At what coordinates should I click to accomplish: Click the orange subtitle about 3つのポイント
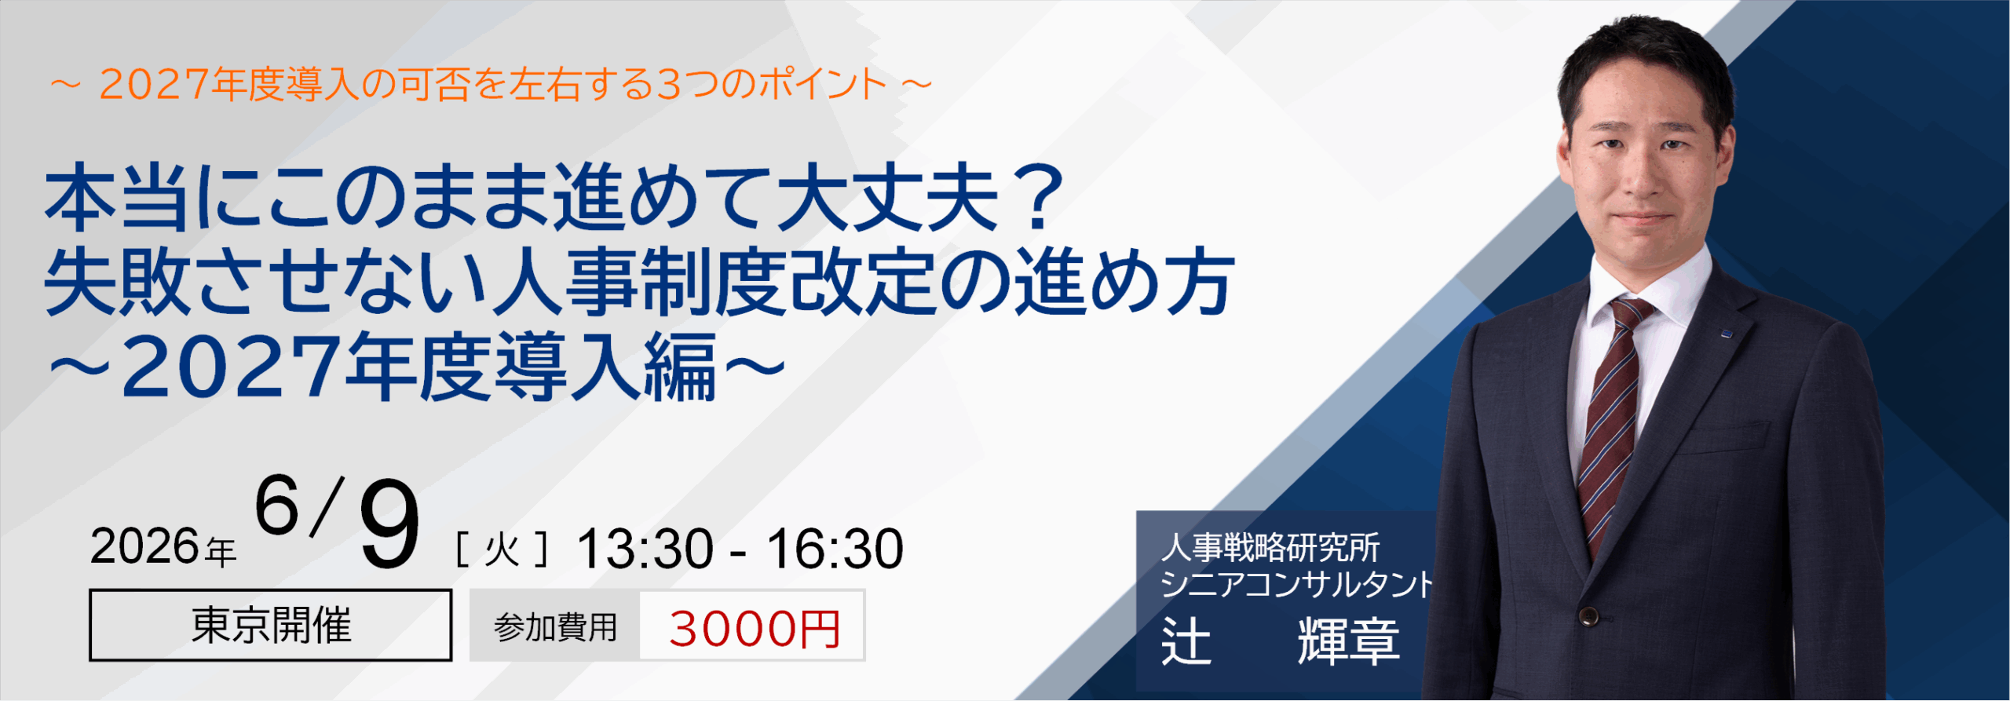[491, 85]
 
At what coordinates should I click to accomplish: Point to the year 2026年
[163, 547]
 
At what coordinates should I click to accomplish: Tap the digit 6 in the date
[276, 506]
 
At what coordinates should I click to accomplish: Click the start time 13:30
[645, 549]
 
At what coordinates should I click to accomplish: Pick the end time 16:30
[835, 549]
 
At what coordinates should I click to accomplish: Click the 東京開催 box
[270, 626]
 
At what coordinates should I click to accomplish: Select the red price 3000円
[755, 629]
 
